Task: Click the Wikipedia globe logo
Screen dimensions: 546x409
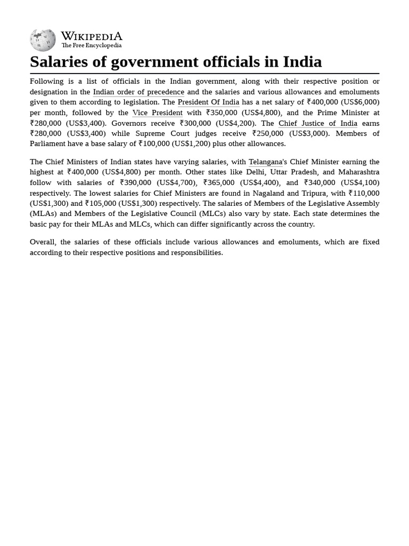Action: pos(43,40)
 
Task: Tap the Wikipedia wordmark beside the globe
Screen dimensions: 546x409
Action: pos(92,36)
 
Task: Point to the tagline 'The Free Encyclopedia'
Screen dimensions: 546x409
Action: pos(91,46)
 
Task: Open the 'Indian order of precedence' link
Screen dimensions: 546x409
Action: pos(138,92)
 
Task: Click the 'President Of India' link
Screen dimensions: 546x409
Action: pos(208,102)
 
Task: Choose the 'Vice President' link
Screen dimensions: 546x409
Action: pos(157,113)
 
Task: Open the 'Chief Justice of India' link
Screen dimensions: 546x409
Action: pos(317,123)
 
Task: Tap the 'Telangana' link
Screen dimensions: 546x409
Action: pos(265,162)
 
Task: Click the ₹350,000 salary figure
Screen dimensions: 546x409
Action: pos(222,113)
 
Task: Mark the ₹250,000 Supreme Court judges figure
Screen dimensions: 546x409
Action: pos(268,133)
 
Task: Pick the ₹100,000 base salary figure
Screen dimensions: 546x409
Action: pos(154,143)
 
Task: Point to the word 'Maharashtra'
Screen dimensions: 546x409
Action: pos(359,172)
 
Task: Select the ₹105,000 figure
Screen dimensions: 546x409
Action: pos(101,203)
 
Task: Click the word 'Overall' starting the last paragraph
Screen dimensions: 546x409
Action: pos(43,242)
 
